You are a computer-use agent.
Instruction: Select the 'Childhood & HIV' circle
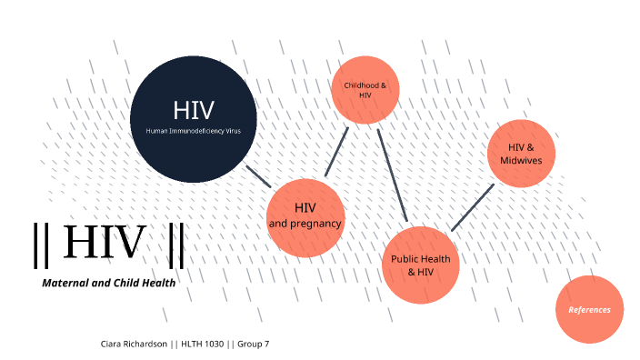(365, 90)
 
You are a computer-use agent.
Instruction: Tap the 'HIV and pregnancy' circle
(305, 217)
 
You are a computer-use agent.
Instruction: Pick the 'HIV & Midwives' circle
(521, 154)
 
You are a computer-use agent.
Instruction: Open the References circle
(590, 309)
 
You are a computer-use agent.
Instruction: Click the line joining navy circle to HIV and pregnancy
(258, 175)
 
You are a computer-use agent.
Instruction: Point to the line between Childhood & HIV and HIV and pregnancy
(336, 152)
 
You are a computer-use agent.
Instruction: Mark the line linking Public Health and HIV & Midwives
(472, 207)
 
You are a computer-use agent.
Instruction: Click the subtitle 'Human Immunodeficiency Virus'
(194, 132)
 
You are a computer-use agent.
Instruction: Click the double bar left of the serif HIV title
(37, 245)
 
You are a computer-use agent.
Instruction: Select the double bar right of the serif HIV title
(176, 245)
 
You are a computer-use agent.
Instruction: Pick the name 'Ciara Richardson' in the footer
(134, 344)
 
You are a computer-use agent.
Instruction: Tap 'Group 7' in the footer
(255, 344)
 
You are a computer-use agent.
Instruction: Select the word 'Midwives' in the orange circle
(521, 161)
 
